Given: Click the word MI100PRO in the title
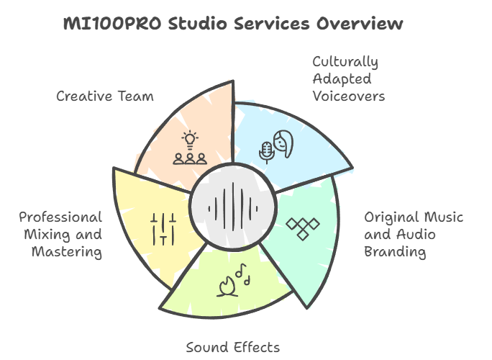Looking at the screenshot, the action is click(112, 24).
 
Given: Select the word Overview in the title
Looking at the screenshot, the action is click(360, 24).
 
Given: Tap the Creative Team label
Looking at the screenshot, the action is click(105, 96).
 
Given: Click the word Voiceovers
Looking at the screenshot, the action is click(349, 96).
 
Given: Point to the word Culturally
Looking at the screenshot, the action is click(345, 62).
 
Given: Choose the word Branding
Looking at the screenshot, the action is click(395, 252).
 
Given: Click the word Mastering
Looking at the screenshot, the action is click(67, 252).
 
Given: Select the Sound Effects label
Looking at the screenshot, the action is click(233, 348).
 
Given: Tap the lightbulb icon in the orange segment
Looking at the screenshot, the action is click(190, 140).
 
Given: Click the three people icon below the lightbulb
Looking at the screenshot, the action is click(190, 159).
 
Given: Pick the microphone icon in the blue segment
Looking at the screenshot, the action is click(266, 153).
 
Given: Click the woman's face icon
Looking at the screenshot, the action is click(283, 144).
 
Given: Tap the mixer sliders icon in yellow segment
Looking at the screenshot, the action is click(163, 229).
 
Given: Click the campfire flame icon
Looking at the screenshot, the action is click(227, 287).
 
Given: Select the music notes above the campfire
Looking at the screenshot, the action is click(243, 274).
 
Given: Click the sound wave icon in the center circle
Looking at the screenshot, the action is click(233, 207).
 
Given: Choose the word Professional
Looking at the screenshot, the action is click(60, 217).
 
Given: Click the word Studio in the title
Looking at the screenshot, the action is click(198, 24).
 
